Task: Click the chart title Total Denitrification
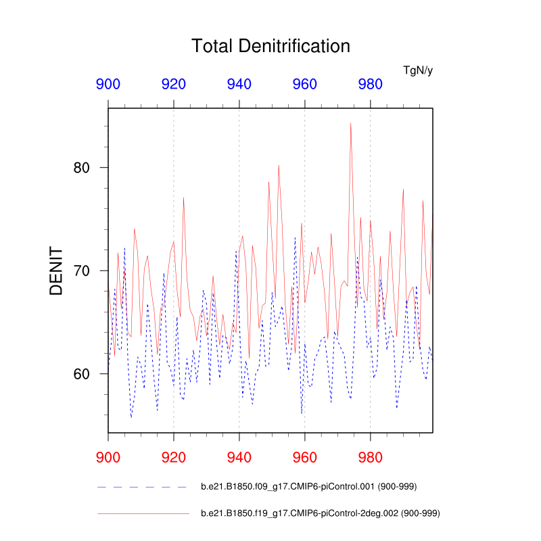[x=270, y=46]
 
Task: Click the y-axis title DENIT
[x=56, y=270]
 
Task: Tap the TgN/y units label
[x=417, y=70]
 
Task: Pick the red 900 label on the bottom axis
[x=108, y=452]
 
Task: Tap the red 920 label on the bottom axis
[x=174, y=452]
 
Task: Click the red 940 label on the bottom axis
[x=239, y=452]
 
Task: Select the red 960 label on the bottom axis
[x=304, y=452]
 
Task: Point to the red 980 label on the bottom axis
[x=370, y=452]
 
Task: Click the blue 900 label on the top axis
[x=108, y=85]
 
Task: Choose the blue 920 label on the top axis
[x=174, y=85]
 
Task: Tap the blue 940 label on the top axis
[x=239, y=85]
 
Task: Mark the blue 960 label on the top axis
[x=304, y=85]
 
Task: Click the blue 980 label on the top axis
[x=370, y=85]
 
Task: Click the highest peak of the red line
[x=350, y=123]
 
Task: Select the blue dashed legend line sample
[x=142, y=486]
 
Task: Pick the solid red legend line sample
[x=142, y=514]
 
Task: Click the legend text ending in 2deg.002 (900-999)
[x=321, y=514]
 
